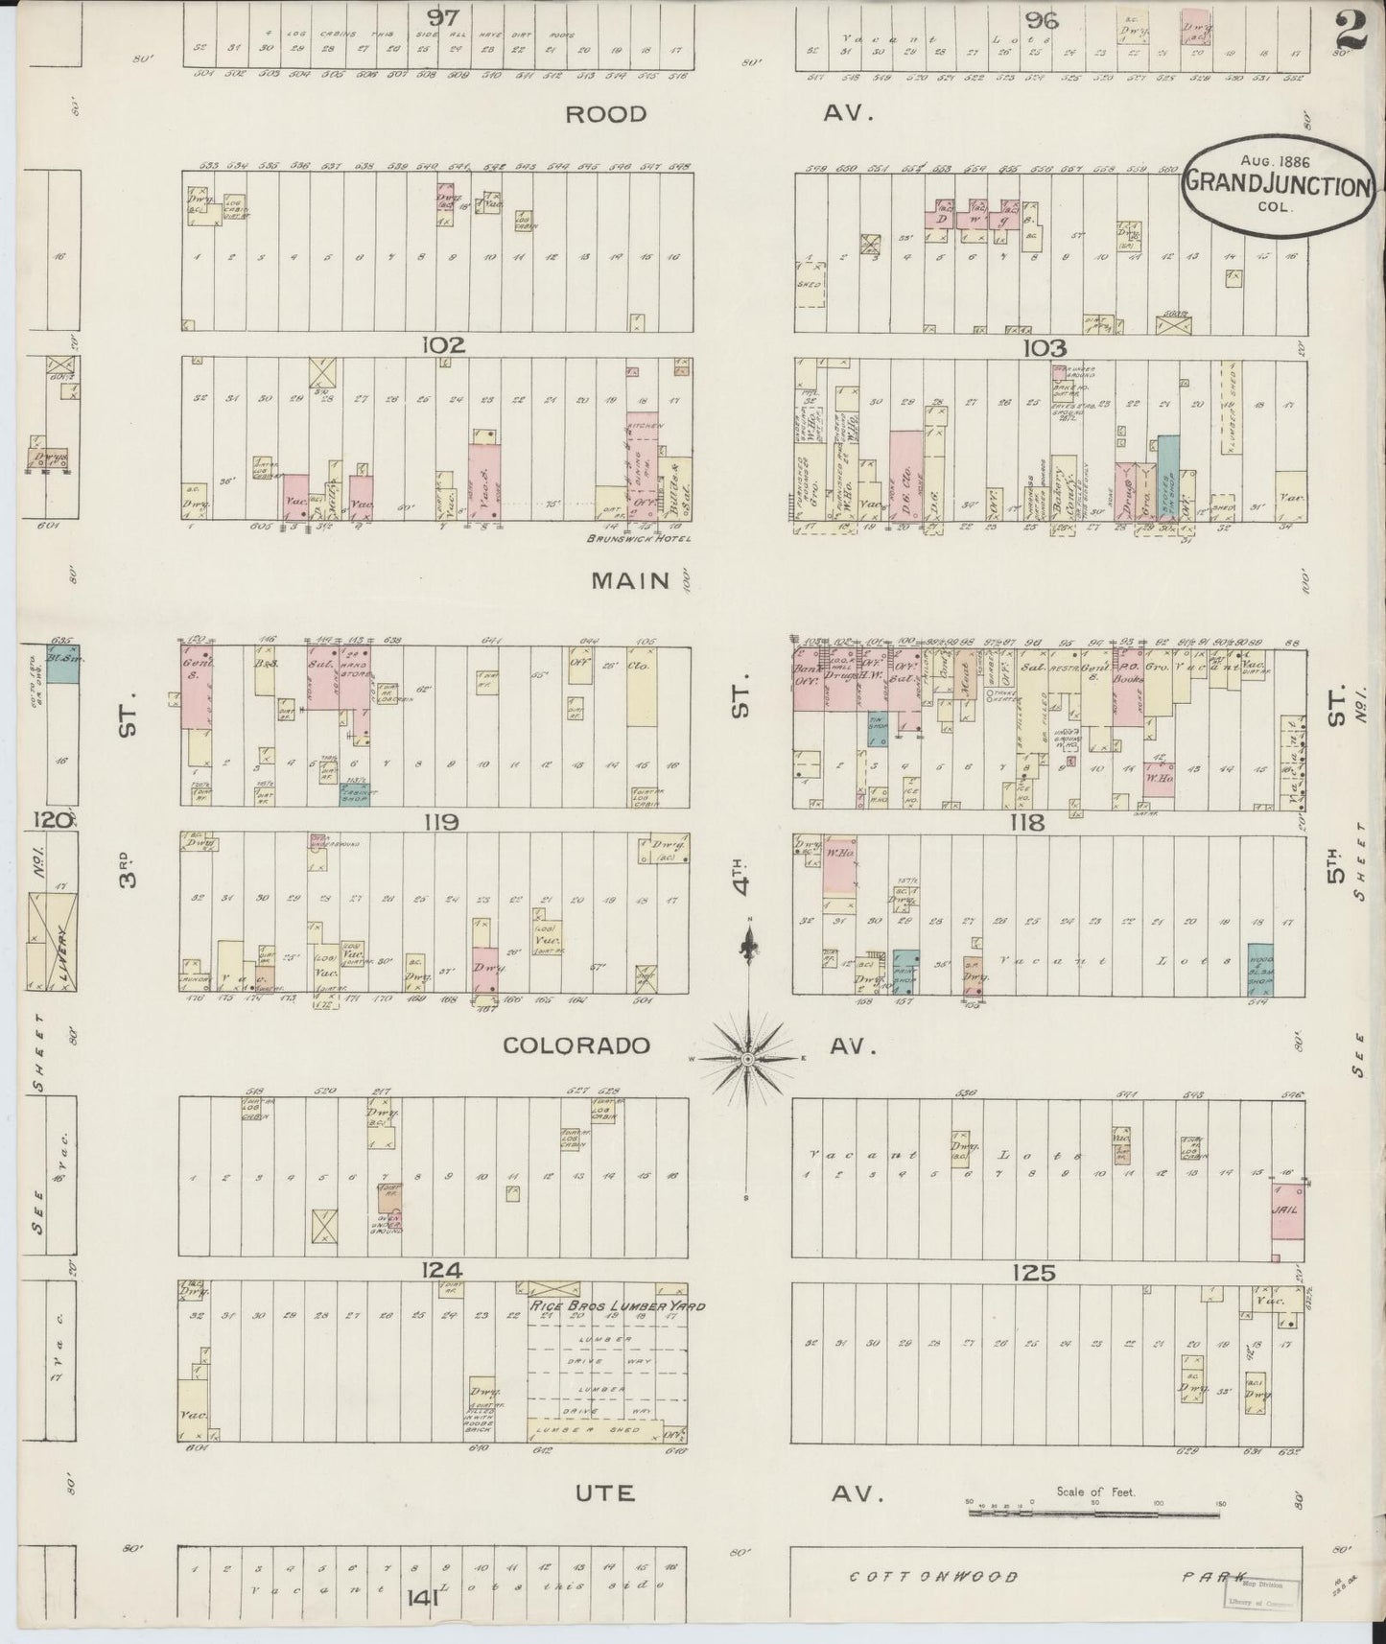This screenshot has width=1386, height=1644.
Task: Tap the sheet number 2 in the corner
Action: pyautogui.click(x=1349, y=28)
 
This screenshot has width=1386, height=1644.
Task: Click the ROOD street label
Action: pyautogui.click(x=606, y=114)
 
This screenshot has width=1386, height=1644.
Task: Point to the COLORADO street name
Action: pyautogui.click(x=576, y=1045)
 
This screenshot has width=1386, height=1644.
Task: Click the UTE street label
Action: pyautogui.click(x=605, y=1493)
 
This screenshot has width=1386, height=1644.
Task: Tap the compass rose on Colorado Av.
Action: pyautogui.click(x=746, y=1057)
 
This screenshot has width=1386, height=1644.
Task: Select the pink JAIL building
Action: pyautogui.click(x=1285, y=1210)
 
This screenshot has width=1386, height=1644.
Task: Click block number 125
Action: pyautogui.click(x=1033, y=1273)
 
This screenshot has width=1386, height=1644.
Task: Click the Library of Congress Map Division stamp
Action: pyautogui.click(x=1259, y=1594)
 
